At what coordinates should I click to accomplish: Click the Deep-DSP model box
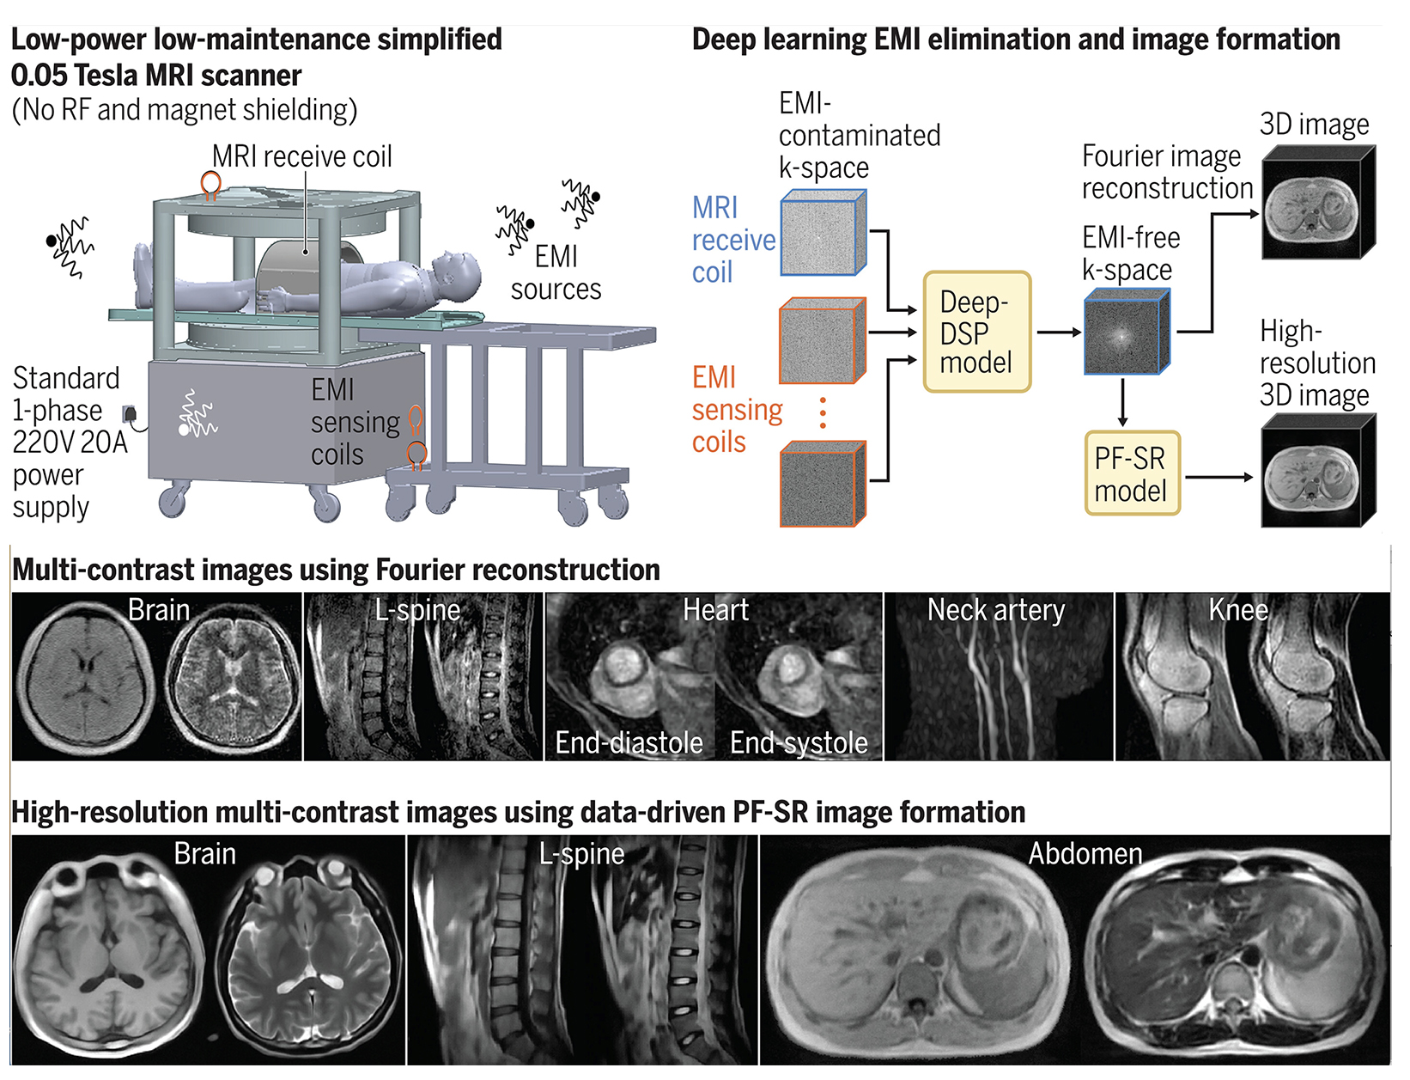pyautogui.click(x=976, y=333)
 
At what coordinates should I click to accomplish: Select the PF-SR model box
pyautogui.click(x=1132, y=474)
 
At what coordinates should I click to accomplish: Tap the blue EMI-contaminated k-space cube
pyautogui.click(x=822, y=234)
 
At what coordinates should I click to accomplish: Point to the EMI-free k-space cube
pyautogui.click(x=1126, y=333)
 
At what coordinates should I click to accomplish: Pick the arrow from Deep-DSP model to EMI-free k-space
pyautogui.click(x=1059, y=332)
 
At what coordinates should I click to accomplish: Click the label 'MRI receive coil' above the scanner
pyautogui.click(x=301, y=156)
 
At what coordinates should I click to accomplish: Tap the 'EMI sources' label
pyautogui.click(x=556, y=273)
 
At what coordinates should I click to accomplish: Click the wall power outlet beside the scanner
pyautogui.click(x=130, y=415)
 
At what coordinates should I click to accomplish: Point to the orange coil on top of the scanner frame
pyautogui.click(x=210, y=184)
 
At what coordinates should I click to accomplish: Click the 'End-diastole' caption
pyautogui.click(x=629, y=742)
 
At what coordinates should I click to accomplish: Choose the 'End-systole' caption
pyautogui.click(x=799, y=742)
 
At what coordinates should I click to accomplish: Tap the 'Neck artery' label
pyautogui.click(x=995, y=610)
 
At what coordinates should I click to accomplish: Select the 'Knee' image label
pyautogui.click(x=1237, y=610)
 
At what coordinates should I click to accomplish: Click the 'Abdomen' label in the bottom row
pyautogui.click(x=1085, y=854)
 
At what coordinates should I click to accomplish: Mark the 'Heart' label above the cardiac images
pyautogui.click(x=715, y=610)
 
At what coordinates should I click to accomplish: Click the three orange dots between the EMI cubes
pyautogui.click(x=823, y=412)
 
